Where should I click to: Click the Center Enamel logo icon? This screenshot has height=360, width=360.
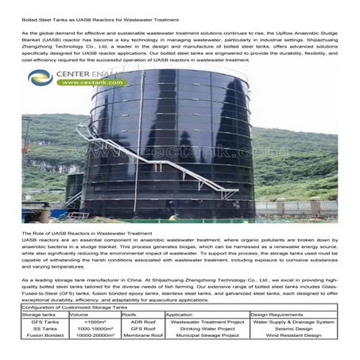(x=40, y=78)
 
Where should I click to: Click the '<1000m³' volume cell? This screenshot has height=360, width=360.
(x=95, y=322)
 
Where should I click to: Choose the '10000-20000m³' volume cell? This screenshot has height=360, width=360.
(x=95, y=335)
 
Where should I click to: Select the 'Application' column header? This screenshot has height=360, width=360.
(x=180, y=315)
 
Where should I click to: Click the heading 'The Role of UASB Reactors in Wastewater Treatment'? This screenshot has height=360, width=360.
(x=88, y=233)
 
